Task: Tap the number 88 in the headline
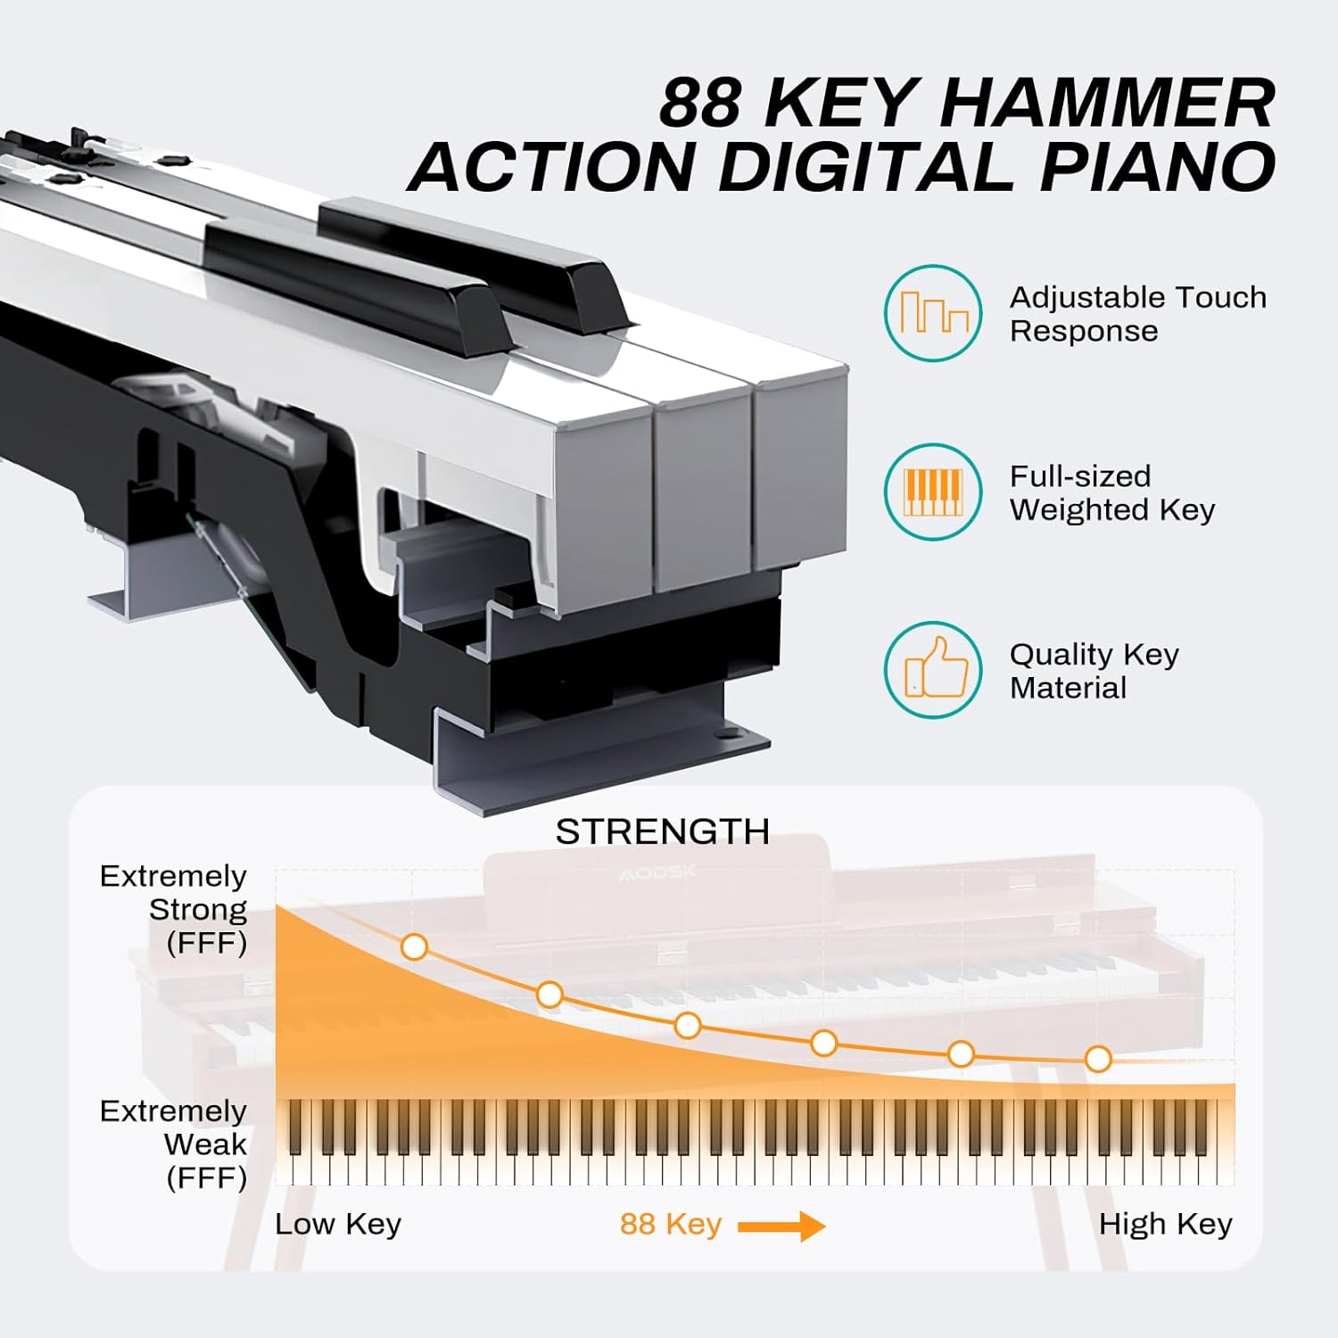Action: point(700,103)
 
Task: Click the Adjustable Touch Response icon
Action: point(933,313)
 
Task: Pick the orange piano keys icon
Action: point(933,491)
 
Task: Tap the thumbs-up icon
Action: point(933,670)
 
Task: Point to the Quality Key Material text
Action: point(1094,671)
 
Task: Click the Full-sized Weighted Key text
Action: point(1111,492)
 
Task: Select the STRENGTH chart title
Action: point(662,831)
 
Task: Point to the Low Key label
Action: point(338,1224)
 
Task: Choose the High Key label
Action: point(1165,1224)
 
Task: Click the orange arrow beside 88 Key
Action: point(781,1226)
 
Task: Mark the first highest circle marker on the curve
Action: point(414,946)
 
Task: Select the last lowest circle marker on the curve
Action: point(1098,1059)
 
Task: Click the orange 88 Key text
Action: point(670,1224)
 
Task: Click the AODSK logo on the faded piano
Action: point(657,872)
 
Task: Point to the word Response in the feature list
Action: point(1084,331)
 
